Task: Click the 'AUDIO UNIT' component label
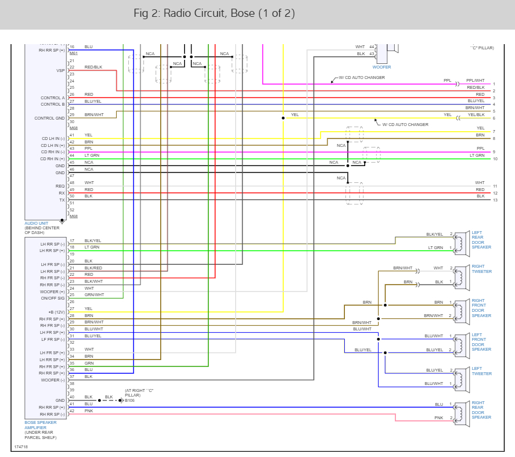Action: (x=37, y=223)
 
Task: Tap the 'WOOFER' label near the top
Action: (x=381, y=67)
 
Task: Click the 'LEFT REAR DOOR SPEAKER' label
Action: (x=481, y=240)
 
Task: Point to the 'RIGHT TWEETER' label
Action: (x=481, y=269)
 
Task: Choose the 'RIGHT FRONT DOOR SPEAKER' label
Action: (x=481, y=308)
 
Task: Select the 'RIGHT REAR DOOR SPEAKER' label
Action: (x=481, y=409)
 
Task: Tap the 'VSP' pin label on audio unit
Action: (x=60, y=70)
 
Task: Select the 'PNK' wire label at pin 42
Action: (x=88, y=411)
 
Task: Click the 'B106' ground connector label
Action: (x=129, y=400)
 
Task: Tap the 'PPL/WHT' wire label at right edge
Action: (x=475, y=81)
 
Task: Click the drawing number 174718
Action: (x=21, y=447)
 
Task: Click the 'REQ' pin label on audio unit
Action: (x=61, y=186)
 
